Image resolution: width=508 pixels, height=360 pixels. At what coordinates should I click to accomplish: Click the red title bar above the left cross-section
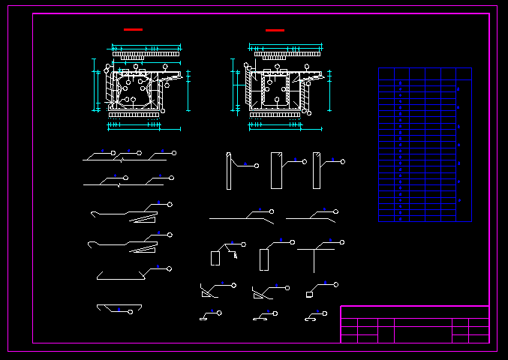point(133,29)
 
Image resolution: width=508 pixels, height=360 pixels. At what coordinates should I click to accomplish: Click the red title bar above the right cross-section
point(275,30)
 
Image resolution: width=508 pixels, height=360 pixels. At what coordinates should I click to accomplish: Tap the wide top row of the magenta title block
point(414,312)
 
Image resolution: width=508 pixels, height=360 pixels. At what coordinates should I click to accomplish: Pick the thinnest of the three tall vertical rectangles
point(229,171)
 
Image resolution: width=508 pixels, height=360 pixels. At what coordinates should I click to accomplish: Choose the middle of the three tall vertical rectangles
point(276,171)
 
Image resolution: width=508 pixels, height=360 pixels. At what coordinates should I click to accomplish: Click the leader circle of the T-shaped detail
point(342,242)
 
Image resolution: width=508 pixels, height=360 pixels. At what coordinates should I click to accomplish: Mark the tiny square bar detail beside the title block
point(309,295)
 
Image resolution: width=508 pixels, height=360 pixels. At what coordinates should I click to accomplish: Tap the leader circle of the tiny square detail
point(336,285)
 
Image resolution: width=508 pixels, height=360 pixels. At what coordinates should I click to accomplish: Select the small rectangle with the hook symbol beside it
point(215,257)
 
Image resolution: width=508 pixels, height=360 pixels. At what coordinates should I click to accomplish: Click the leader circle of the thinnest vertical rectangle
point(257,164)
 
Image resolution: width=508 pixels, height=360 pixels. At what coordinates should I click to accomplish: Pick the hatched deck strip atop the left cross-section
point(146,55)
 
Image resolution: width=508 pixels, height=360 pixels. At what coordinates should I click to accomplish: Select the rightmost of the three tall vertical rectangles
point(317,171)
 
